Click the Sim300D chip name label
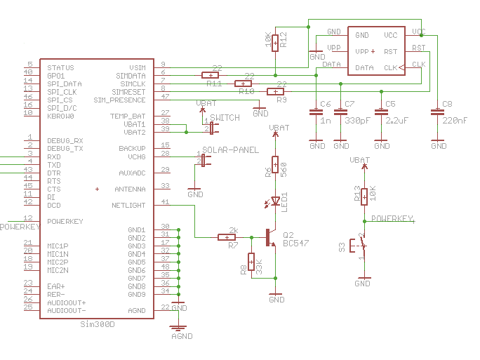click(x=97, y=324)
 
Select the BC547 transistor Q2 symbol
click(x=271, y=237)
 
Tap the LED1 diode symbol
click(x=275, y=201)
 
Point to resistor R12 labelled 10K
click(x=275, y=43)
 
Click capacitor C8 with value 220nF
click(x=438, y=112)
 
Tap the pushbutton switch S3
click(x=361, y=246)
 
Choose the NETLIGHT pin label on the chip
click(x=128, y=206)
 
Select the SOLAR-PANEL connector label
click(x=230, y=150)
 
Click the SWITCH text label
click(x=225, y=117)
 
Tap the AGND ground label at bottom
click(x=181, y=336)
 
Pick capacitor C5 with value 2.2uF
click(x=381, y=112)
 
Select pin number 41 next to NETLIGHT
click(x=165, y=203)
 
